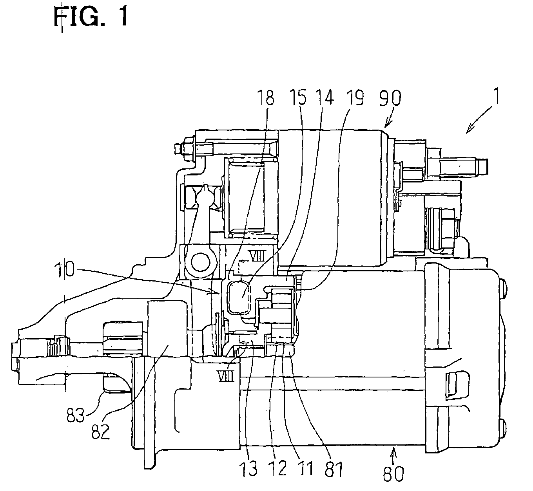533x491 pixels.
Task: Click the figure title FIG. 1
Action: click(91, 16)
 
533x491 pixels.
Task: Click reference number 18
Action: click(266, 98)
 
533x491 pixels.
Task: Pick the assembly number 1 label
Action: click(497, 96)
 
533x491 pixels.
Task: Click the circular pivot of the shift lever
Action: click(200, 261)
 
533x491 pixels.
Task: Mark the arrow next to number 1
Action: click(479, 119)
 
